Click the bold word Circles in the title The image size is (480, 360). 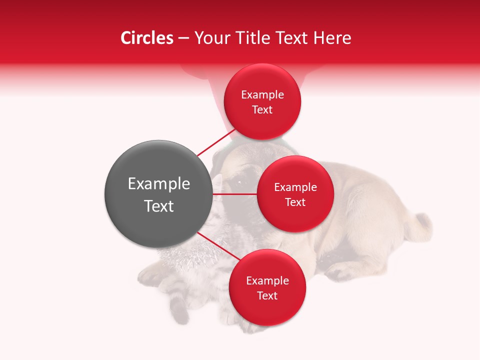[146, 38]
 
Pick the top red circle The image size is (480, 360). [262, 101]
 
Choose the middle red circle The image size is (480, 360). [295, 194]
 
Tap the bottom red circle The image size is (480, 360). [267, 287]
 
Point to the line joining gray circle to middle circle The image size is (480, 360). [235, 194]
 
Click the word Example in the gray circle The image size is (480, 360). [159, 184]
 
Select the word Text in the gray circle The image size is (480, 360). [159, 206]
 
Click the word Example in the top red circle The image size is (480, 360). [262, 94]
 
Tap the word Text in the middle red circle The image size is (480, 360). [295, 202]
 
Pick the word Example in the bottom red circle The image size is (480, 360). [267, 280]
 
